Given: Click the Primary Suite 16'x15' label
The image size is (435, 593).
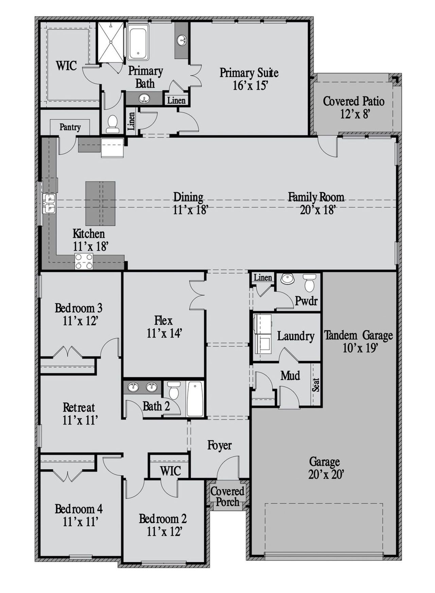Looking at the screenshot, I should coord(249,79).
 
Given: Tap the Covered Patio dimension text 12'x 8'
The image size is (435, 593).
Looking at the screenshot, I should coord(355,114).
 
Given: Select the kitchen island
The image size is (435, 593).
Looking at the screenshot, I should coord(100,204).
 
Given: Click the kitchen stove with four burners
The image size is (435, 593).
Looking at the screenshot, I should coord(84,261).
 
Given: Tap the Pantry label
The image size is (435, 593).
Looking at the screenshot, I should coord(70,127).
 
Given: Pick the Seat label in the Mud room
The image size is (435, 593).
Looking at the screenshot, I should coord(316,385).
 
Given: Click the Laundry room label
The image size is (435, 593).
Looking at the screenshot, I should coord(296,336).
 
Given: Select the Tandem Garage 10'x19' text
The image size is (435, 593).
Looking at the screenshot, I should coord(359,341).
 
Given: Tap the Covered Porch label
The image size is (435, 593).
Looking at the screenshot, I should coord(227,496).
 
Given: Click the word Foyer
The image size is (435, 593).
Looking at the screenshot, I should coord(220,445).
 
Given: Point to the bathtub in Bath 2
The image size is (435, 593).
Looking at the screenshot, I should coord(195,399).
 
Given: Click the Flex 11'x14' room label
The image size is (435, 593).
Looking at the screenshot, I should coord(164,327).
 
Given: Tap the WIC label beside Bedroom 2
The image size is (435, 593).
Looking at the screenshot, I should coord(170,471).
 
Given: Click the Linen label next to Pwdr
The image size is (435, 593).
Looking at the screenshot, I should coord(263,278).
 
